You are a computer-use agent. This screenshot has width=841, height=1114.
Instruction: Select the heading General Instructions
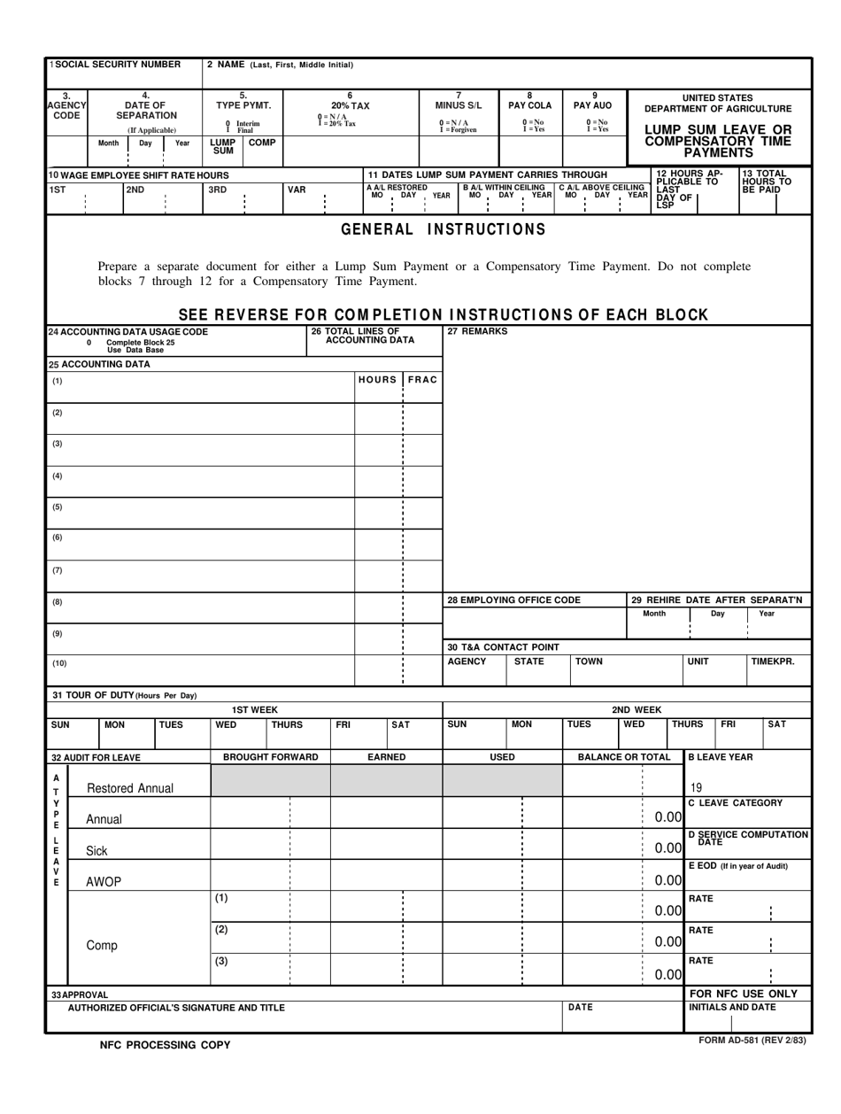pyautogui.click(x=444, y=229)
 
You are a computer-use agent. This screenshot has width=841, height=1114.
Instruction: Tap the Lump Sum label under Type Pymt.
pyautogui.click(x=217, y=146)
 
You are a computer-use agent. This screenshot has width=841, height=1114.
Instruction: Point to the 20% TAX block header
pyautogui.click(x=350, y=100)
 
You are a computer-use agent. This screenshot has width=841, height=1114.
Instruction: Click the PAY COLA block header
pyautogui.click(x=529, y=100)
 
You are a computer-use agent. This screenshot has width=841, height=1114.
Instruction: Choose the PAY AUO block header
pyautogui.click(x=594, y=100)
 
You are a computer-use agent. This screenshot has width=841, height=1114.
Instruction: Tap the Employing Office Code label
pyautogui.click(x=513, y=600)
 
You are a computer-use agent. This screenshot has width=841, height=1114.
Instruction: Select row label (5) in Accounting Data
pyautogui.click(x=58, y=507)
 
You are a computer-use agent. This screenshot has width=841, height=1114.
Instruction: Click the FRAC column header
pyautogui.click(x=422, y=379)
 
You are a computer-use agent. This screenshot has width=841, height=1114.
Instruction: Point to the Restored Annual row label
pyautogui.click(x=129, y=788)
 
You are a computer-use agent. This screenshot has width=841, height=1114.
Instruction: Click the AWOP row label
pyautogui.click(x=104, y=882)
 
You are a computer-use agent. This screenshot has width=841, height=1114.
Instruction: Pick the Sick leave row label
pyautogui.click(x=96, y=851)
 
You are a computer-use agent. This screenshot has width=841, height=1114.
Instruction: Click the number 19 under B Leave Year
pyautogui.click(x=696, y=786)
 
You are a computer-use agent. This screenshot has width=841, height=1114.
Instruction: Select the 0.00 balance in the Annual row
pyautogui.click(x=667, y=817)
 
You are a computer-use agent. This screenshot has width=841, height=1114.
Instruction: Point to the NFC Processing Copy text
pyautogui.click(x=165, y=1045)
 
